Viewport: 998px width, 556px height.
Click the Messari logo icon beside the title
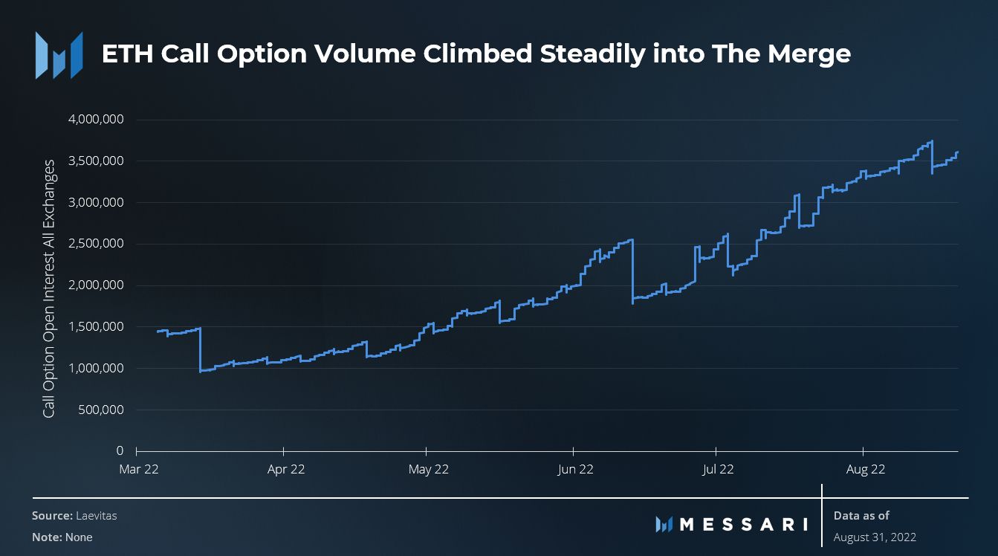[x=59, y=55]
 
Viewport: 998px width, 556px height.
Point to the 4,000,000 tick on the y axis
[x=97, y=120]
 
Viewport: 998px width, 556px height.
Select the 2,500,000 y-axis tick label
[x=97, y=244]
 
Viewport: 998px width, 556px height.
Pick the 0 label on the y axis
[x=119, y=451]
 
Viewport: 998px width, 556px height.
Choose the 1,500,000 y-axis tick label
[x=97, y=327]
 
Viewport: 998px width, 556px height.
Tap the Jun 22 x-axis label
[x=575, y=470]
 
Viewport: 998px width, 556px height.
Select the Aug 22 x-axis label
[x=866, y=470]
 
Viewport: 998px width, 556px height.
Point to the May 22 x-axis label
[x=430, y=470]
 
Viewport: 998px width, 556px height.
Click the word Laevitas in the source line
[x=96, y=516]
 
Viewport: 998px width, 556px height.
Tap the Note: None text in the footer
[x=62, y=537]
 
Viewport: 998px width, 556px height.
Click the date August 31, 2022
[x=875, y=537]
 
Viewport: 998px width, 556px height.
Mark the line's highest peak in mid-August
[x=932, y=141]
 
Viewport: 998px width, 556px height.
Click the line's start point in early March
[x=158, y=331]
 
